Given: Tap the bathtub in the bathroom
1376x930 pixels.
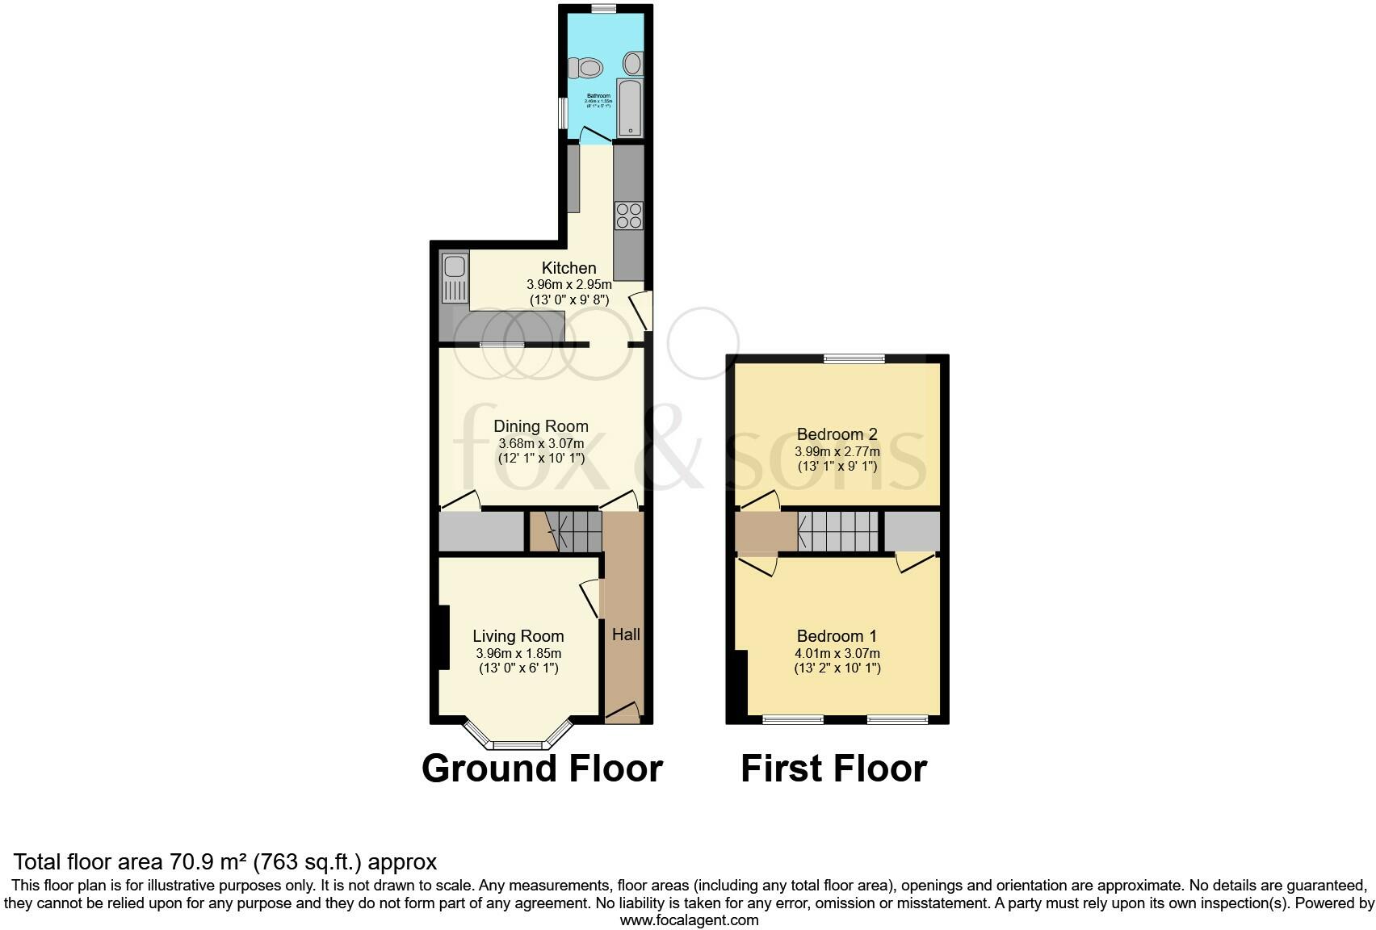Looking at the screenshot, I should point(629,108).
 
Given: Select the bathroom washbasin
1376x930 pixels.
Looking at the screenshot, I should point(634,62).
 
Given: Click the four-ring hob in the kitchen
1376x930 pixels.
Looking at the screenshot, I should point(629,215).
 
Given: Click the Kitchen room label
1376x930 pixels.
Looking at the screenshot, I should point(568,268).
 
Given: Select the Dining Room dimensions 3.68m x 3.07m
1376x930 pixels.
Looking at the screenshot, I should point(541,443).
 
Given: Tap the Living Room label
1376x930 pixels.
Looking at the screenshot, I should point(518,636).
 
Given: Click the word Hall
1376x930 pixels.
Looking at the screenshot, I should point(625,635).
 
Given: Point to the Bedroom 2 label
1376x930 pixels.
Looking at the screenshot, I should point(837,434).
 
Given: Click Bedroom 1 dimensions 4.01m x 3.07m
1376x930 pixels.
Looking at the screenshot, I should point(837,653).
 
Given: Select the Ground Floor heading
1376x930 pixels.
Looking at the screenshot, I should point(542,768).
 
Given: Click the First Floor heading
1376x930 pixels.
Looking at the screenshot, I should point(833,768).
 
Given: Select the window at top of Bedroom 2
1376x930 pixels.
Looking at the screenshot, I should point(854,358).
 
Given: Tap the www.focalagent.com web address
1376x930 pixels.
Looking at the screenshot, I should point(688,920).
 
